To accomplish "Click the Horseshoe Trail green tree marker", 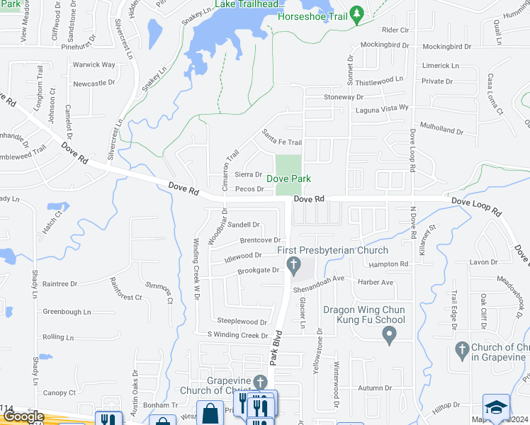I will [358, 13].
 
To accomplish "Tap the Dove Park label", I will [288, 179].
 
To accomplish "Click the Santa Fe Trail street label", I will [281, 137].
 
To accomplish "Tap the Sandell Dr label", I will [244, 225].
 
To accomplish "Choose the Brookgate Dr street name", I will [258, 271].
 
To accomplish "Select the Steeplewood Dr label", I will [242, 322].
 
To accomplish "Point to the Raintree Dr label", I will [60, 283].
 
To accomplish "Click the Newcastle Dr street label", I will [94, 83].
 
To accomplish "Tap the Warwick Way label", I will [94, 64].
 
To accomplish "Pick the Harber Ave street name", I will [376, 282].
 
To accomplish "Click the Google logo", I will [23, 417].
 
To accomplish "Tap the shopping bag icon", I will [211, 413].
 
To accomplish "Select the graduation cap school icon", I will [496, 407].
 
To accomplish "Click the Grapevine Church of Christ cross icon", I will [260, 382].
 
